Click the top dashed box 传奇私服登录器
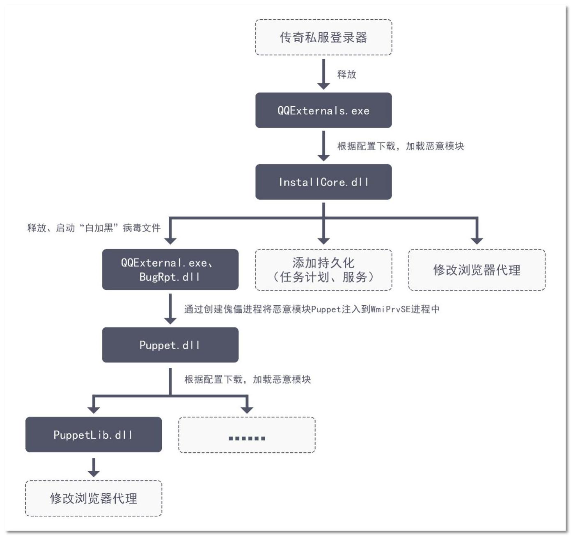point(323,37)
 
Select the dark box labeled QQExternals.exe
point(323,110)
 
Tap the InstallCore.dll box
point(323,182)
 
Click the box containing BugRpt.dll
point(170,270)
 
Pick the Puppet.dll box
point(170,345)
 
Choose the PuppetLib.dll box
point(94,435)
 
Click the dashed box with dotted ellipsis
point(247,435)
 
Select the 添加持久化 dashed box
point(323,270)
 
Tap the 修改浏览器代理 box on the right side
point(477,270)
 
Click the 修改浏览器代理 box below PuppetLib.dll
point(94,498)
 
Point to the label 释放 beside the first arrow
point(346,74)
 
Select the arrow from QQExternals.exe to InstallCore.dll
point(323,146)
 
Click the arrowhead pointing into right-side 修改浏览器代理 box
point(477,240)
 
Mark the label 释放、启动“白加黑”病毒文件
point(94,228)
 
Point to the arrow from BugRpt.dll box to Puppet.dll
point(170,309)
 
